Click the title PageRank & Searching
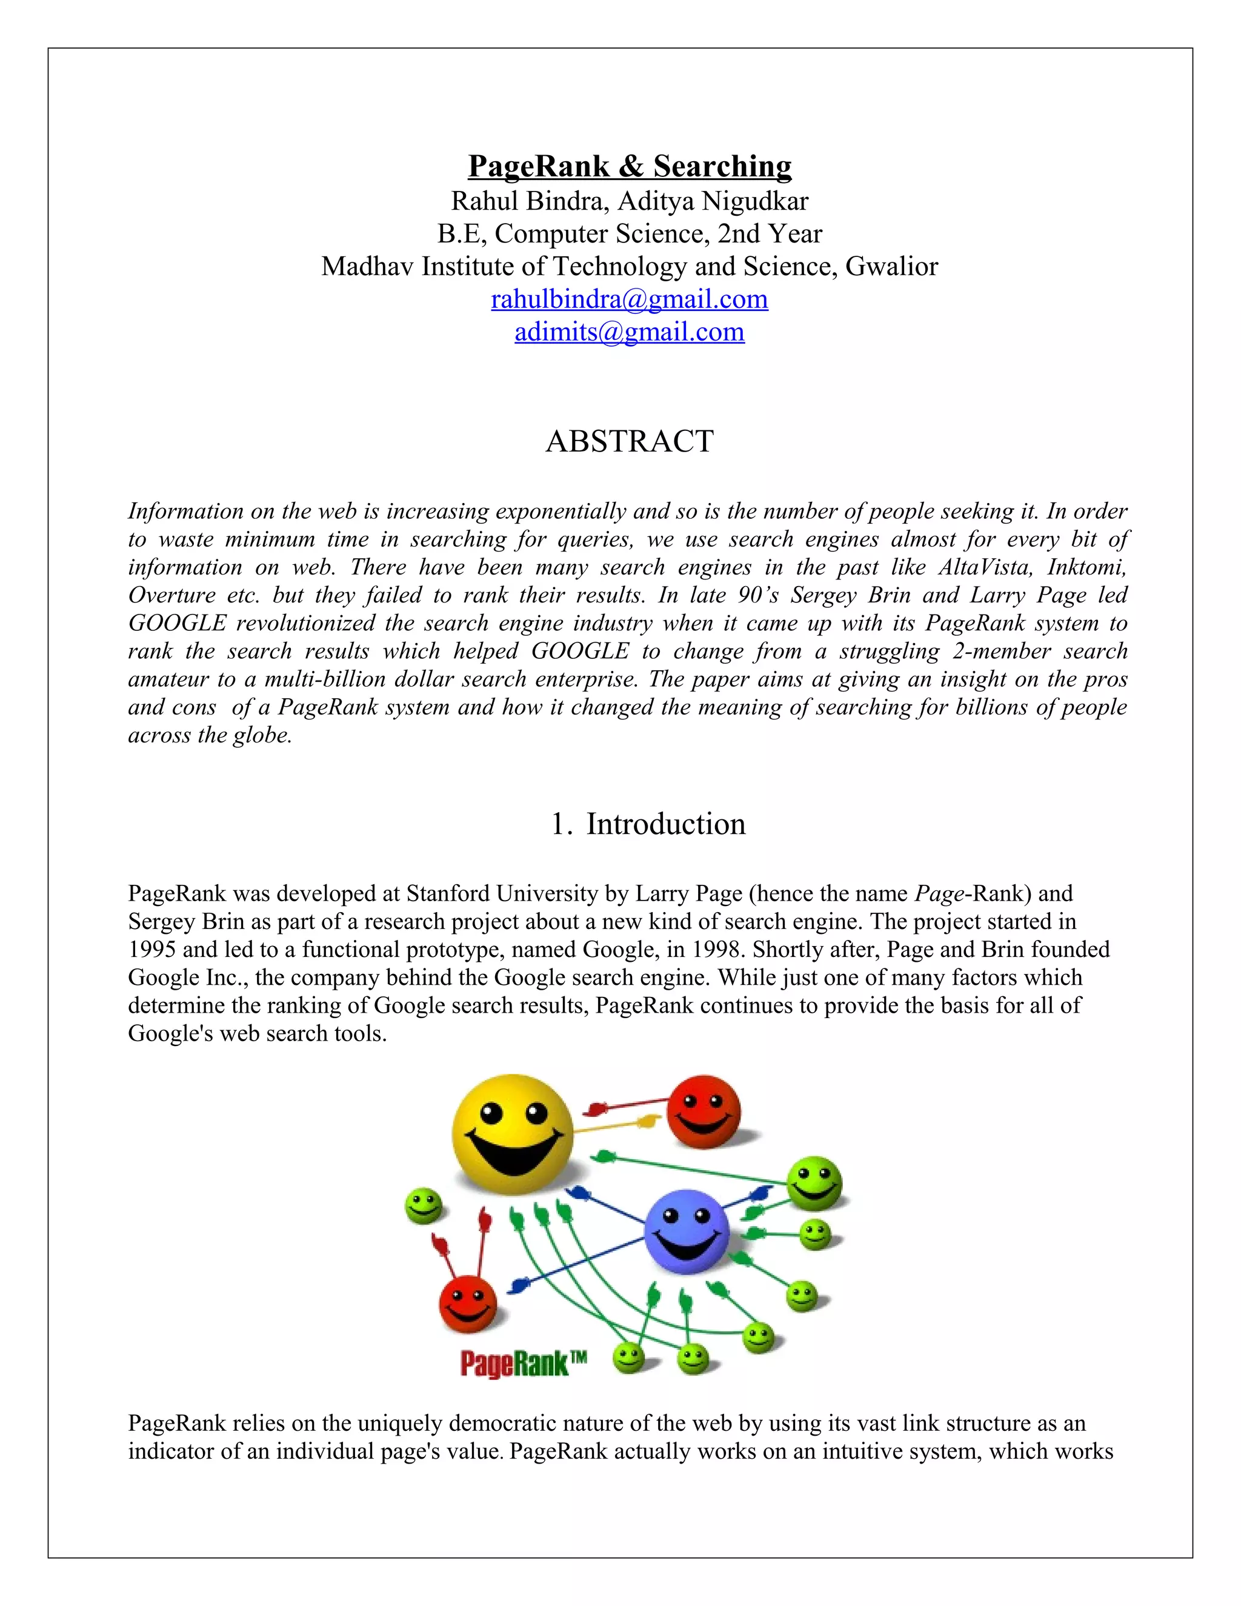click(630, 166)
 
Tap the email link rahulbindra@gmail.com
click(630, 299)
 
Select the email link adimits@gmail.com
click(630, 332)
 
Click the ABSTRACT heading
click(630, 441)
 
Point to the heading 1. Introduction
click(648, 824)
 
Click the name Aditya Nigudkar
click(713, 201)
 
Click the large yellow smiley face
click(513, 1133)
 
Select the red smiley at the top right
click(704, 1112)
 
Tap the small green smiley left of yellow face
click(424, 1206)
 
